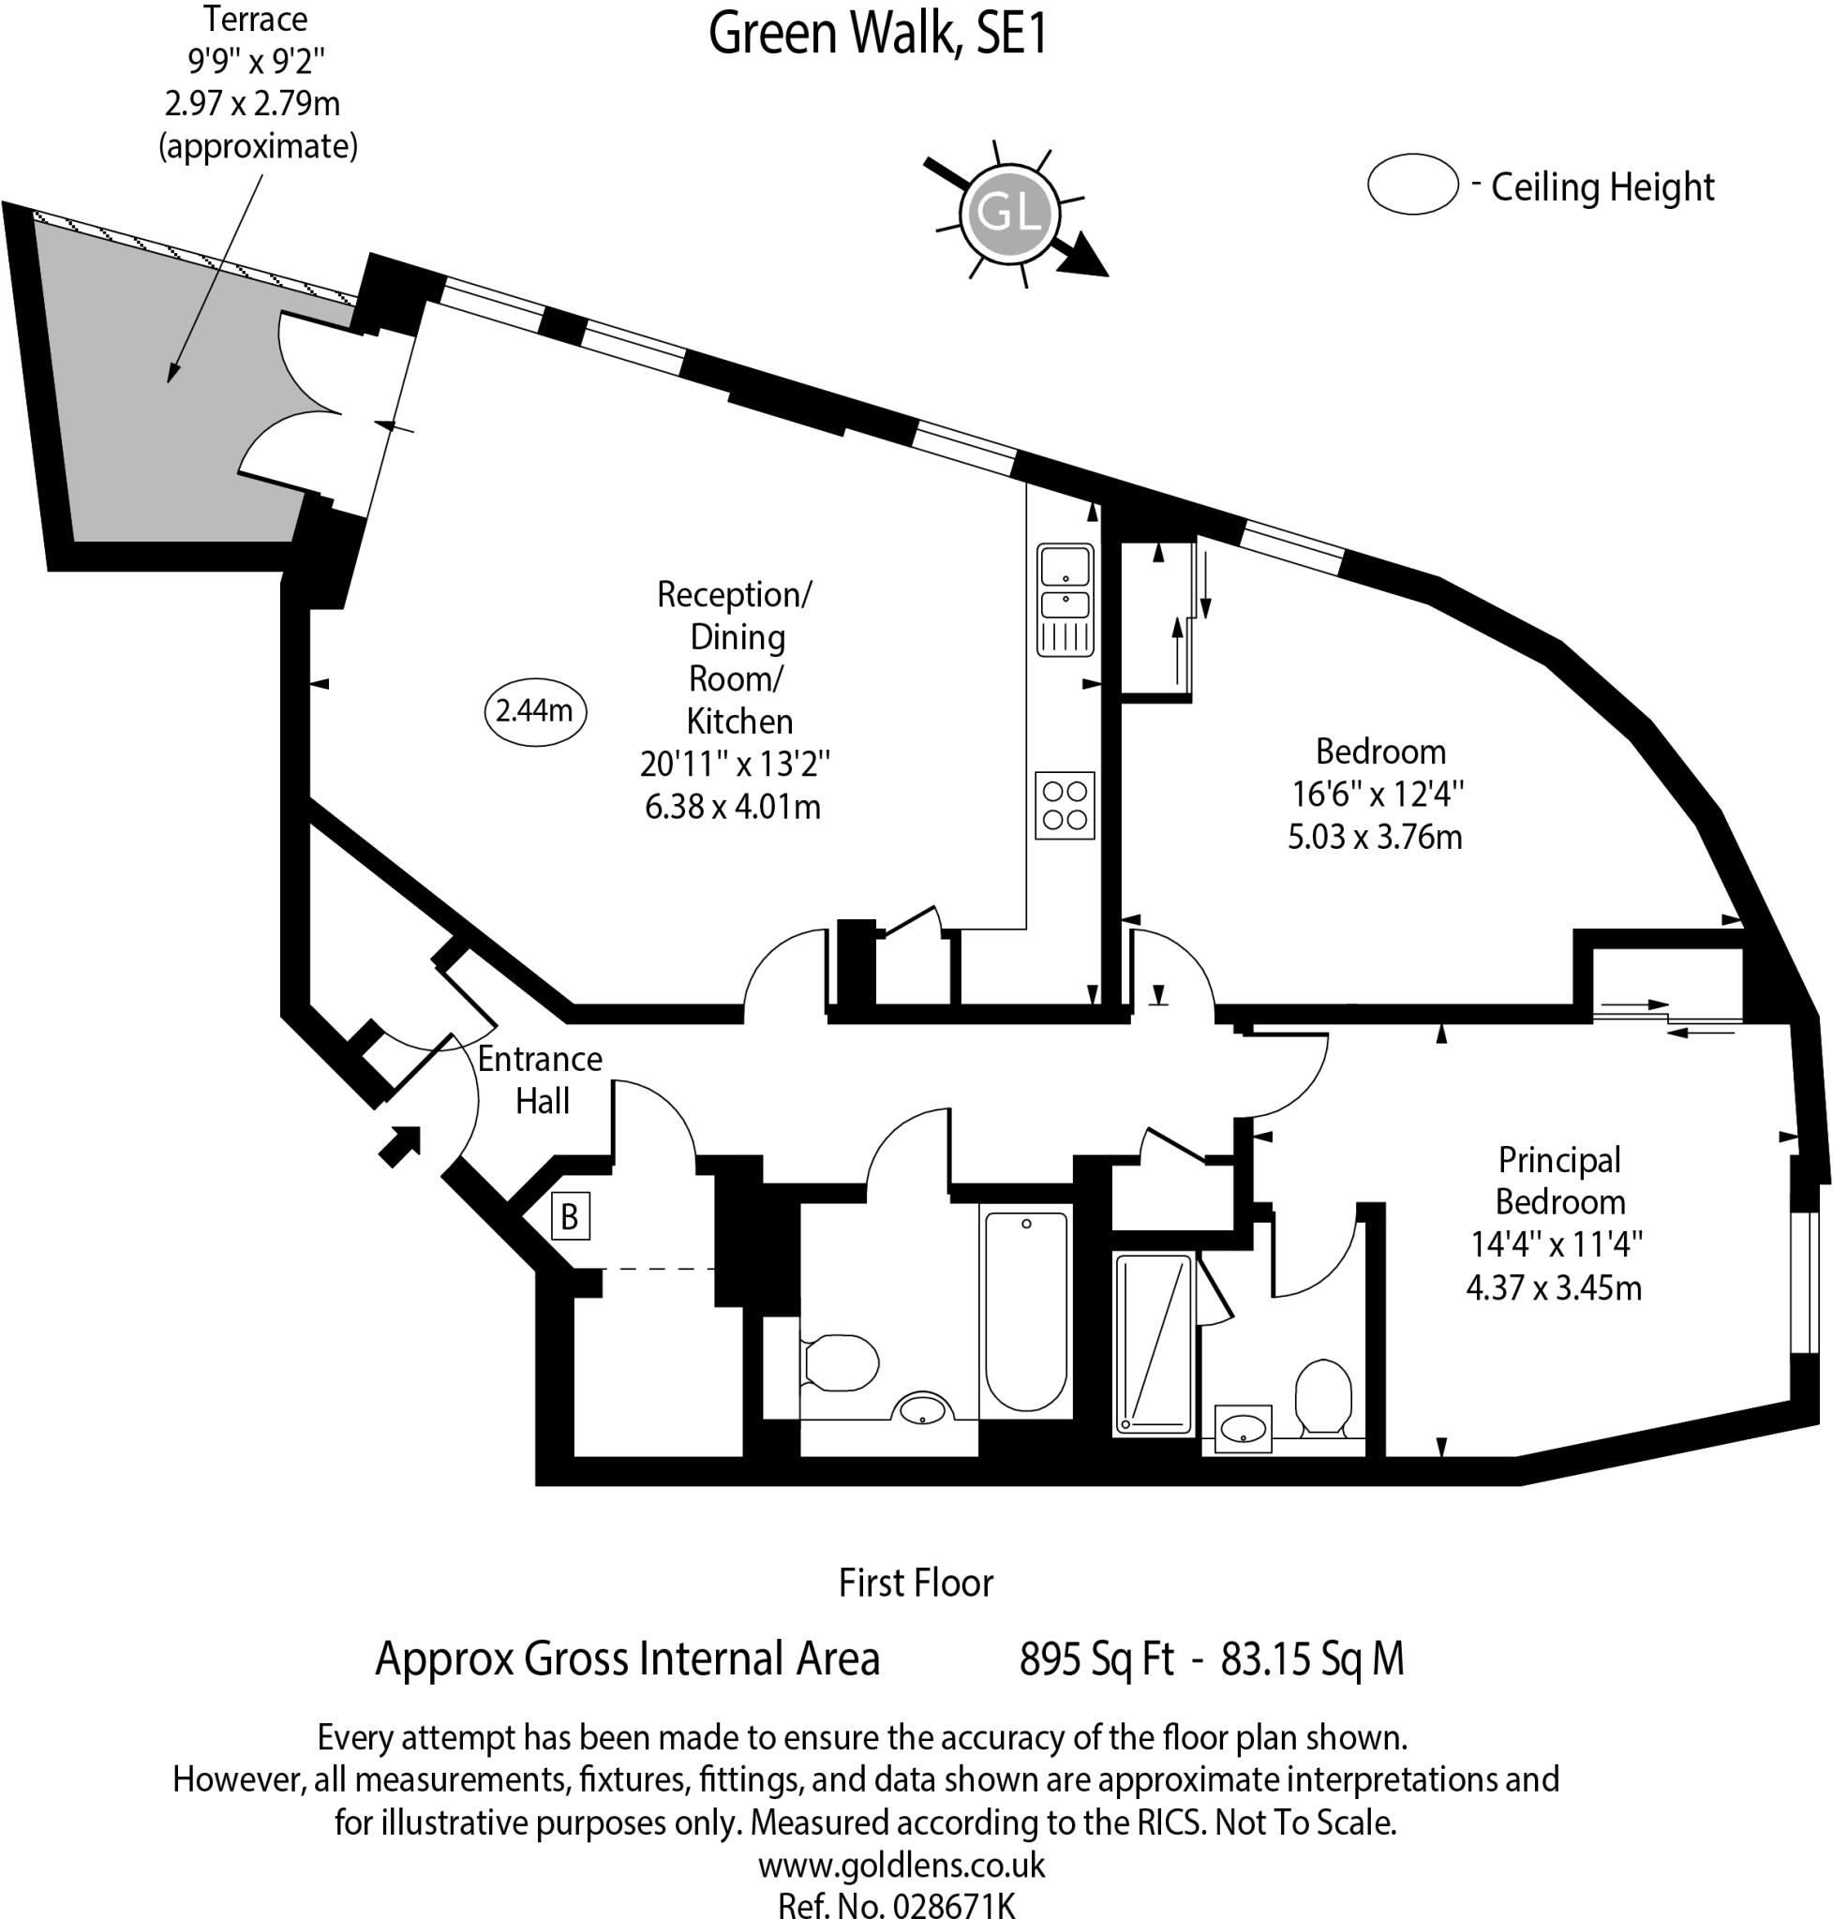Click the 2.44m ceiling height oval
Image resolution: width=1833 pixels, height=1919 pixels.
(x=534, y=710)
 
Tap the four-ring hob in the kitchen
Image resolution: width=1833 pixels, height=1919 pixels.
(x=1064, y=806)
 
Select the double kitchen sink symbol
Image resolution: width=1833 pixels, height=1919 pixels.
(x=1064, y=599)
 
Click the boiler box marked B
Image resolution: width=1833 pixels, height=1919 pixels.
(x=570, y=1216)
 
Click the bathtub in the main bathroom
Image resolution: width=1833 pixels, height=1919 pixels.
(x=1025, y=1310)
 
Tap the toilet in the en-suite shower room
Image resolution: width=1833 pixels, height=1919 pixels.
(x=1323, y=1396)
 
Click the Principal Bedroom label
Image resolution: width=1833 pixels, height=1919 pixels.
(x=1559, y=1181)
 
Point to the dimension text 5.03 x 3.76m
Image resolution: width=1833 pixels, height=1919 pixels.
(x=1374, y=838)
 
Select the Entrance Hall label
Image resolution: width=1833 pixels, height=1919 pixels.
(x=541, y=1079)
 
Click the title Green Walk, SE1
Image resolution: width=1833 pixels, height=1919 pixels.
(x=877, y=33)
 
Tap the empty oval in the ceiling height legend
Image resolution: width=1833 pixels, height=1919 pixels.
(x=1412, y=184)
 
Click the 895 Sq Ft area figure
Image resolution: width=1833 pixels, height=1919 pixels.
(x=1095, y=1659)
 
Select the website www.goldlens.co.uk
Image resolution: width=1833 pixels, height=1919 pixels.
(x=901, y=1865)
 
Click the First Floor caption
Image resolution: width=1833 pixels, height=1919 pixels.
(x=916, y=1583)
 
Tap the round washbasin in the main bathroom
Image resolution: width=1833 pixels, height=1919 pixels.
(x=921, y=1409)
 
